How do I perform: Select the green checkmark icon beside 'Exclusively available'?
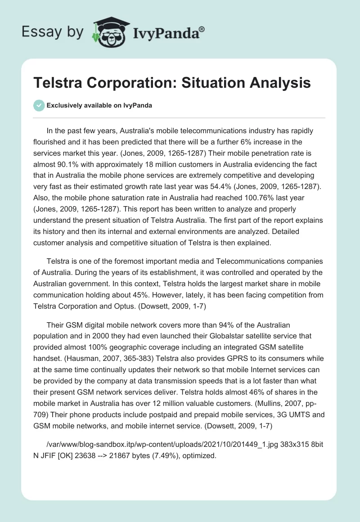click(39, 105)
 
